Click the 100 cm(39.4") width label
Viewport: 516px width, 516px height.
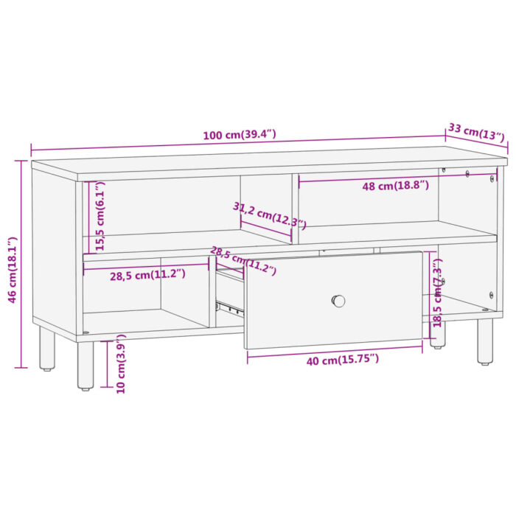(x=240, y=135)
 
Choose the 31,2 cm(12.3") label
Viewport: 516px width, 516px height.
(x=269, y=215)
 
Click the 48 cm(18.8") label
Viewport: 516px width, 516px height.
(x=394, y=186)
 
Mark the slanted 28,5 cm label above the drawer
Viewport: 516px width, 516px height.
(x=243, y=259)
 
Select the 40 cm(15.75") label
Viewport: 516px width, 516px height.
(x=332, y=358)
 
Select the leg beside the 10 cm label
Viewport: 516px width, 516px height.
(x=86, y=364)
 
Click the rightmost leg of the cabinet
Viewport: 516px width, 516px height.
(x=484, y=341)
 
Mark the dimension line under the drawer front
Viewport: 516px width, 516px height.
(x=334, y=350)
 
